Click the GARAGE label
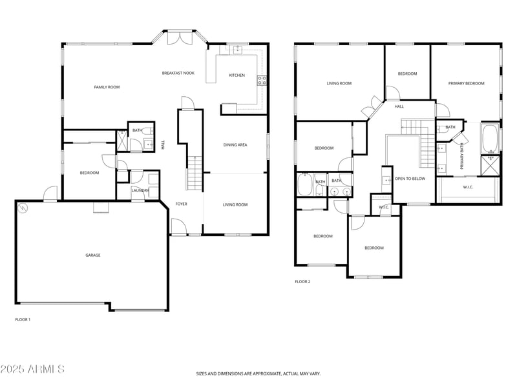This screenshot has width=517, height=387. coord(93,255)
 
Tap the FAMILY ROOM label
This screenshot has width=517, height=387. coord(107,87)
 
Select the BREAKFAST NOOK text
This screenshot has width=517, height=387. coord(178,73)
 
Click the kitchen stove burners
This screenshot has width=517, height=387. coord(262,80)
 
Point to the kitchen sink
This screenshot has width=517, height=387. coord(237,50)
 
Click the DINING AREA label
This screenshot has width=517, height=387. coord(235,144)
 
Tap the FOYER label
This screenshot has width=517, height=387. coord(181,204)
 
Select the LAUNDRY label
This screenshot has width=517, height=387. coord(140,190)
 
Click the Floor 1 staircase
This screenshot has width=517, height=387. coord(195,173)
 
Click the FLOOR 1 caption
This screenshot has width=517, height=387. coord(23,319)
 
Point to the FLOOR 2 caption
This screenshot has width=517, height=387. coord(302,282)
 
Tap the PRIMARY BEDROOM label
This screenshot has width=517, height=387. coord(466,84)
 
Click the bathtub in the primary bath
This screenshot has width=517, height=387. coord(491,138)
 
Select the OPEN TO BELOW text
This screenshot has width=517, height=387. coord(410,179)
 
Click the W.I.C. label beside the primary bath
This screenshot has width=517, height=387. coord(468,187)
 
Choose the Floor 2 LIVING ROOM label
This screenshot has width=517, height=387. coord(339,84)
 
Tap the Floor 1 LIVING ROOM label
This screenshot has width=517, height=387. coord(235,204)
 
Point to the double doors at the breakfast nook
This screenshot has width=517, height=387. coord(180,37)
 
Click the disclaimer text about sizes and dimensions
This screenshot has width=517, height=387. coord(258,374)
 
